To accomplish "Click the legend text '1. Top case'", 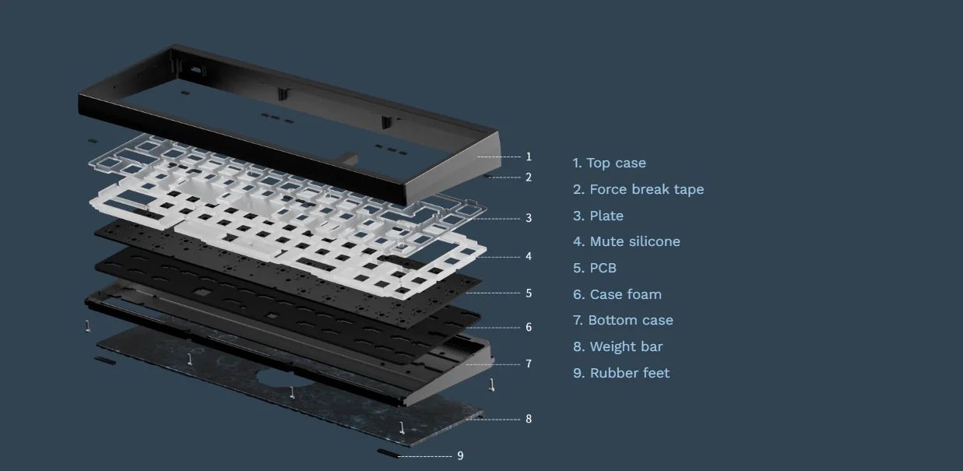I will [609, 163].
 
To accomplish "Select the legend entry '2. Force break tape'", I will [638, 189].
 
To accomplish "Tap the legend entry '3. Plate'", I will [598, 216].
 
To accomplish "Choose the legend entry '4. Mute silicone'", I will [627, 241].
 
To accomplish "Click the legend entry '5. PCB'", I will [595, 268].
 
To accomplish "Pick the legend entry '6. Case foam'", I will [617, 294].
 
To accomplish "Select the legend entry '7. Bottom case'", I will [623, 320].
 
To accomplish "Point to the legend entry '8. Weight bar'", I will [618, 346].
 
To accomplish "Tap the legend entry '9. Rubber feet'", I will [621, 373].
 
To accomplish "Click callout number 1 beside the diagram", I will [529, 156].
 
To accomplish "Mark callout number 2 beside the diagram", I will [529, 178].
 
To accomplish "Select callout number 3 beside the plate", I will [529, 218].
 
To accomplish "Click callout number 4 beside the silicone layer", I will [529, 256].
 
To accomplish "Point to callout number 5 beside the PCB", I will [529, 293].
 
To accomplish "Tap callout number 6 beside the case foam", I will [529, 327].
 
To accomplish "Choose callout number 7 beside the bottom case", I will [529, 364].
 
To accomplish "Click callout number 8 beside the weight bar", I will [529, 419].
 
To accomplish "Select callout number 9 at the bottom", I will [460, 455].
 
